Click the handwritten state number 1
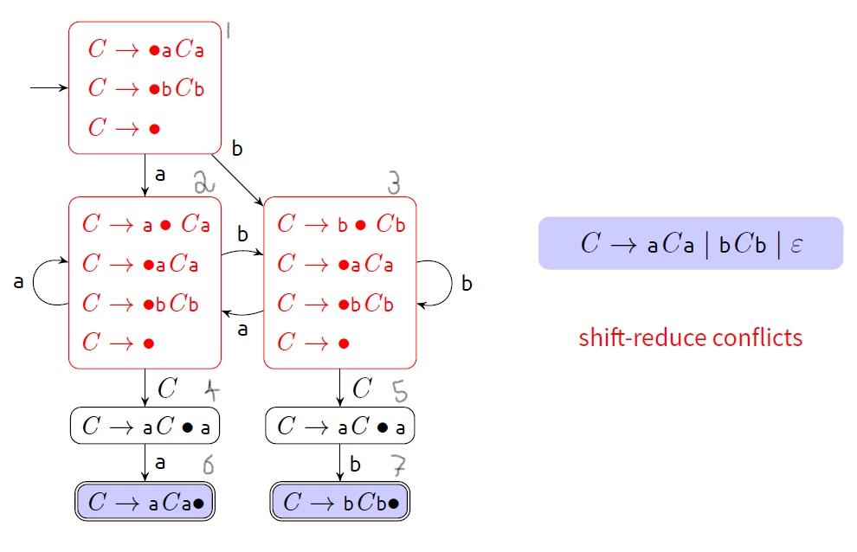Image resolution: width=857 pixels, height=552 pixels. [x=229, y=31]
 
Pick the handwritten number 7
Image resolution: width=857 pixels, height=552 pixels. [x=399, y=466]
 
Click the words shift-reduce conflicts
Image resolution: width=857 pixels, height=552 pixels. [x=690, y=337]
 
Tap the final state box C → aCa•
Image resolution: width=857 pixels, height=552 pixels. [x=145, y=503]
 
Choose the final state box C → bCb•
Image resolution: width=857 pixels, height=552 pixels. [x=339, y=503]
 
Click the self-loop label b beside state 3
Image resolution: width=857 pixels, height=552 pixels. [x=467, y=284]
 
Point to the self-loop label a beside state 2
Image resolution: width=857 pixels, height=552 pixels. [x=18, y=283]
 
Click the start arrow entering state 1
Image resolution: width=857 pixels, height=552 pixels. [x=48, y=88]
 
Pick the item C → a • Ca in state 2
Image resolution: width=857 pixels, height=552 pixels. [x=146, y=224]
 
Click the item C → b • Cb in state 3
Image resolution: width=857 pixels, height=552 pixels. [x=340, y=224]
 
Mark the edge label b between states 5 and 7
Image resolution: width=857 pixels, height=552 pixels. [x=355, y=465]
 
